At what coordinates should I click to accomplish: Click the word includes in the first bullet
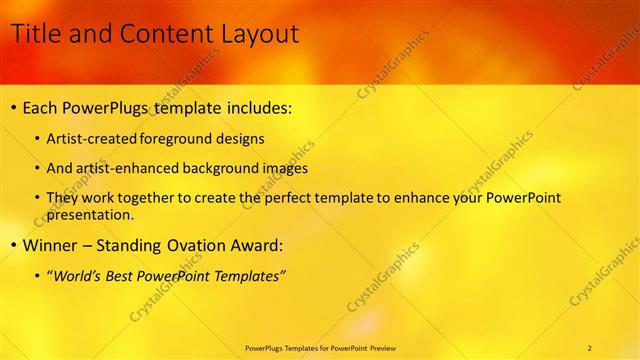(x=250, y=107)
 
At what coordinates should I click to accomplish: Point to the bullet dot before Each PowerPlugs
(x=12, y=107)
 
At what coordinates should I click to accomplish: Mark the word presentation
(x=88, y=214)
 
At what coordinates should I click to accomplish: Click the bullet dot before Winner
(x=12, y=245)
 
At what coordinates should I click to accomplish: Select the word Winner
(x=50, y=245)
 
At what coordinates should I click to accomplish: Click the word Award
(x=261, y=245)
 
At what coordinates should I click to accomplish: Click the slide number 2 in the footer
(x=590, y=348)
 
